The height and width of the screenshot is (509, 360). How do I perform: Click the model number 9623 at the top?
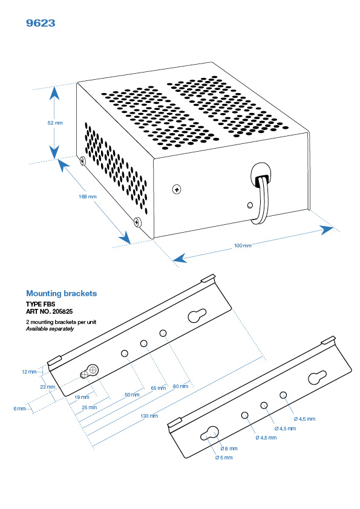[x=41, y=23]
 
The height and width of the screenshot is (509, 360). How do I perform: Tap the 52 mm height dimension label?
[x=55, y=123]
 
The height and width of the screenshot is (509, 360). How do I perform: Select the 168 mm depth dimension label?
[x=88, y=197]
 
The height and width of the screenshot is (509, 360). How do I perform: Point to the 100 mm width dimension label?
[x=243, y=245]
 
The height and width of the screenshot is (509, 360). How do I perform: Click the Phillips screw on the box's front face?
[x=177, y=190]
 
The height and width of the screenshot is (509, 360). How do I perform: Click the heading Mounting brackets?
[x=61, y=293]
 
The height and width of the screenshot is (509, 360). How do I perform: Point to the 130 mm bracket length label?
[x=149, y=415]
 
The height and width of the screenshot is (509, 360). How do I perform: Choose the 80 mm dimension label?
[x=180, y=386]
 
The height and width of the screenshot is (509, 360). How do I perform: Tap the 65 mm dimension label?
[x=157, y=387]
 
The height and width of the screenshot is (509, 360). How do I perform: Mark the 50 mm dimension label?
[x=132, y=394]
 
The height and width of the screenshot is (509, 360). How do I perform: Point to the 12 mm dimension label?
[x=28, y=372]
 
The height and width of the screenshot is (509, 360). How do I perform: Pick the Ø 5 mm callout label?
[x=223, y=458]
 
